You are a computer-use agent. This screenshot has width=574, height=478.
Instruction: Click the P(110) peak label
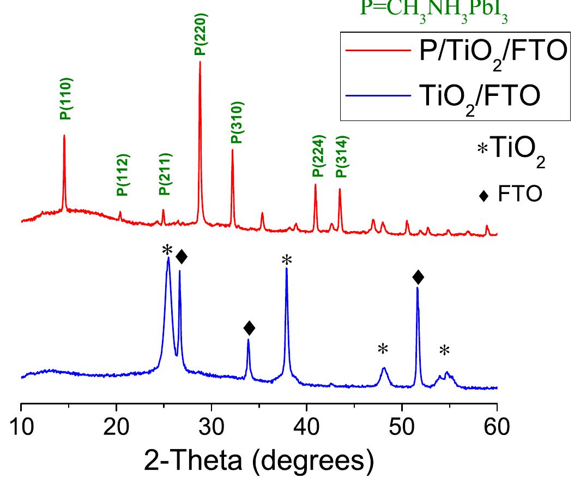pyautogui.click(x=66, y=99)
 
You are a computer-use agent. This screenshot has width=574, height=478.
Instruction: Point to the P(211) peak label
pyautogui.click(x=165, y=174)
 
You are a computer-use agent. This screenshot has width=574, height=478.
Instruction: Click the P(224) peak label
pyautogui.click(x=318, y=156)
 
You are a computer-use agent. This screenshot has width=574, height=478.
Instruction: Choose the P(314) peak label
pyautogui.click(x=341, y=156)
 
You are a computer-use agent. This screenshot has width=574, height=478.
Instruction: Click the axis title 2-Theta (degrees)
pyautogui.click(x=259, y=461)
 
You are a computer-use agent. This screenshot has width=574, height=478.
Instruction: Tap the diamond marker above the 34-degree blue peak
pyautogui.click(x=249, y=328)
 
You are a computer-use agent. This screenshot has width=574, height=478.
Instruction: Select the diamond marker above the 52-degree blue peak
pyautogui.click(x=418, y=277)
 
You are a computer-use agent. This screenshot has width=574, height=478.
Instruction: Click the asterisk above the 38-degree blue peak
pyautogui.click(x=287, y=261)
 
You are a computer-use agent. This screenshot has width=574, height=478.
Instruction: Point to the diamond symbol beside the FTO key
pyautogui.click(x=483, y=196)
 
